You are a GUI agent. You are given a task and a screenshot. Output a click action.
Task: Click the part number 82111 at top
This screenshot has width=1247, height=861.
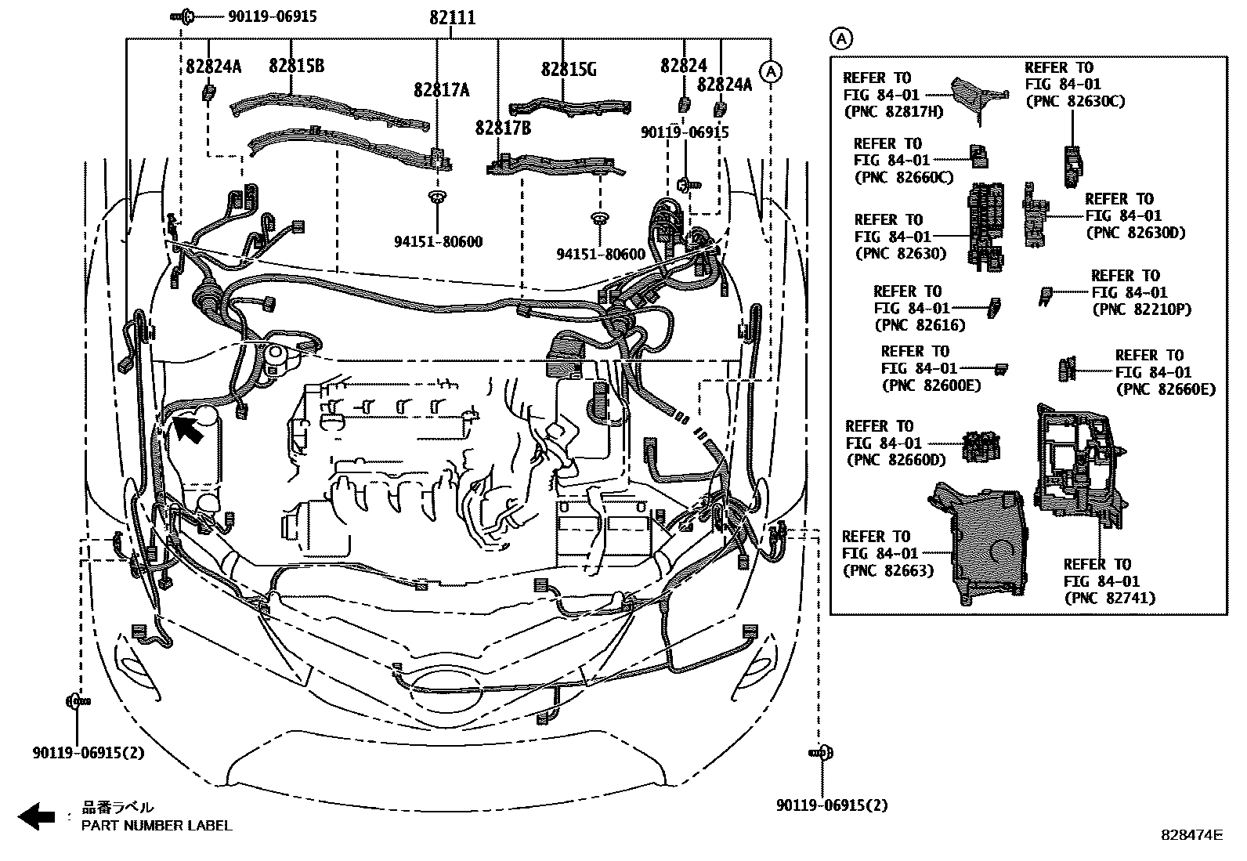tap(452, 17)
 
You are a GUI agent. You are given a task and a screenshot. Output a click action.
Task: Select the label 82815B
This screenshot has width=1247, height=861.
tap(295, 66)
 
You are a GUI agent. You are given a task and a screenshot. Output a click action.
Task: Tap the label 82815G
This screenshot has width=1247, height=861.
tap(569, 70)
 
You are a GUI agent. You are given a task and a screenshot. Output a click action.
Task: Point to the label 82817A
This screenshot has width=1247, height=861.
tap(441, 91)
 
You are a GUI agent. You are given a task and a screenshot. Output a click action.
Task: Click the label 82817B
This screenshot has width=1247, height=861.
tap(502, 127)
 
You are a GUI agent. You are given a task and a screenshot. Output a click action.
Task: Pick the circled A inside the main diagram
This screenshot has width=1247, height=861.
tap(772, 72)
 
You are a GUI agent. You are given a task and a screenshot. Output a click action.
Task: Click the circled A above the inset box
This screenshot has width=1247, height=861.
tap(840, 38)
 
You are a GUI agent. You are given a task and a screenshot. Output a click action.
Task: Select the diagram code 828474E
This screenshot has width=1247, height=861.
tap(1191, 836)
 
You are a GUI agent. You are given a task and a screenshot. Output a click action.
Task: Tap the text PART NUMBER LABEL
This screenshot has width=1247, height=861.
tap(157, 825)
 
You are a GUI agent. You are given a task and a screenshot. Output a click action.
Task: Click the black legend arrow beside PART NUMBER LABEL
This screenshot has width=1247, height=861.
tap(36, 817)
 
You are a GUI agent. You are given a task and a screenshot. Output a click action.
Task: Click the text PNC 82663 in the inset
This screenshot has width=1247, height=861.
tap(889, 571)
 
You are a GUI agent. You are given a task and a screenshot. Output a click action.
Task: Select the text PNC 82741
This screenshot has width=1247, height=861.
tap(1109, 598)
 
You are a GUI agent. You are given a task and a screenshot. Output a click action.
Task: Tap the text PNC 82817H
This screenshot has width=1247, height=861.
tap(894, 111)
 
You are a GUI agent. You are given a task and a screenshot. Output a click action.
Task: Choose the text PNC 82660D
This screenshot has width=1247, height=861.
tap(895, 460)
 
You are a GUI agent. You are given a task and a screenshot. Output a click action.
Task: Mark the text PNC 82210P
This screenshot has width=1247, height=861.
tap(1141, 309)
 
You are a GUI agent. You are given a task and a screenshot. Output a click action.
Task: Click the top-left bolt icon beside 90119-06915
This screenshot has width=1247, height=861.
tap(184, 15)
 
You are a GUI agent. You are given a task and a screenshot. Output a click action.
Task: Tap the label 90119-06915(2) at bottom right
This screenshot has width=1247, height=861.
tap(832, 805)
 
